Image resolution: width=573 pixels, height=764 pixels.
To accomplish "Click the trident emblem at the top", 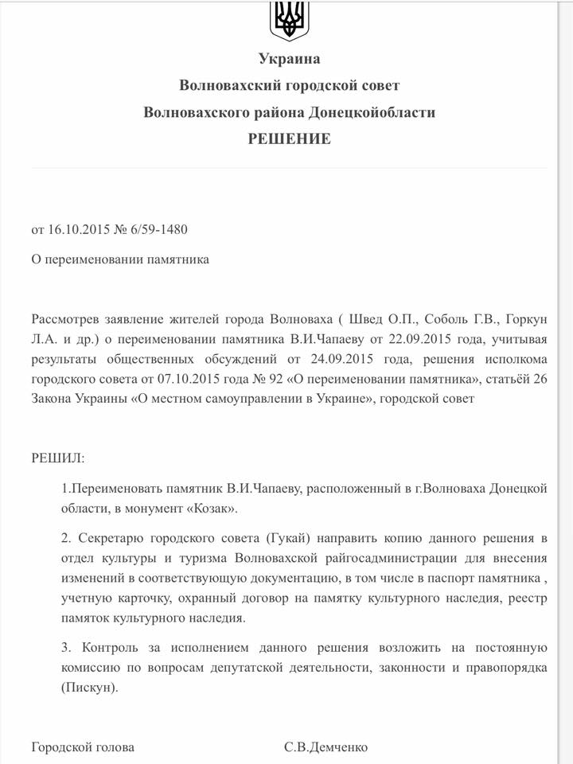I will coord(290,19).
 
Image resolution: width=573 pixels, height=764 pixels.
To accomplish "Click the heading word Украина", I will coord(289,58).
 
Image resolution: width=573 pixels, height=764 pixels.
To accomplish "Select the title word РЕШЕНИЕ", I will coord(289,138).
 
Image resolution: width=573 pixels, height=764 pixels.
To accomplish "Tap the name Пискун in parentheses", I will coord(88,686).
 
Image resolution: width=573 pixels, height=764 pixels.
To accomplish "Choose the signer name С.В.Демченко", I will coord(325,747).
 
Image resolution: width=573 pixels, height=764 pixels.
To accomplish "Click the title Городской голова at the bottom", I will coord(83,747).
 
